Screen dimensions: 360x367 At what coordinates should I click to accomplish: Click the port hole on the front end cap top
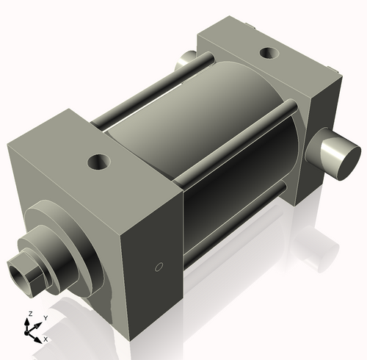(x=97, y=161)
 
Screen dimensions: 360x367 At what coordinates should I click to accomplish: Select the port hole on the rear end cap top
(x=270, y=53)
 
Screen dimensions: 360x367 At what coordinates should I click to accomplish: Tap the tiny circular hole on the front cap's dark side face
(x=157, y=267)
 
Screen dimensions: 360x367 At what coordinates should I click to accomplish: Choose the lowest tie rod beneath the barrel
(x=235, y=223)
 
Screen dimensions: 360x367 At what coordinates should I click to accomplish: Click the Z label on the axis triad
(x=29, y=314)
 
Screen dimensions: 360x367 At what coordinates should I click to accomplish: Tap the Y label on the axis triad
(x=45, y=317)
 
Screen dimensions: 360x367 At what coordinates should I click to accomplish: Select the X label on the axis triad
(x=46, y=339)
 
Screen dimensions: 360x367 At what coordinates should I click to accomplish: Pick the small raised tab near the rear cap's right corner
(x=335, y=72)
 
